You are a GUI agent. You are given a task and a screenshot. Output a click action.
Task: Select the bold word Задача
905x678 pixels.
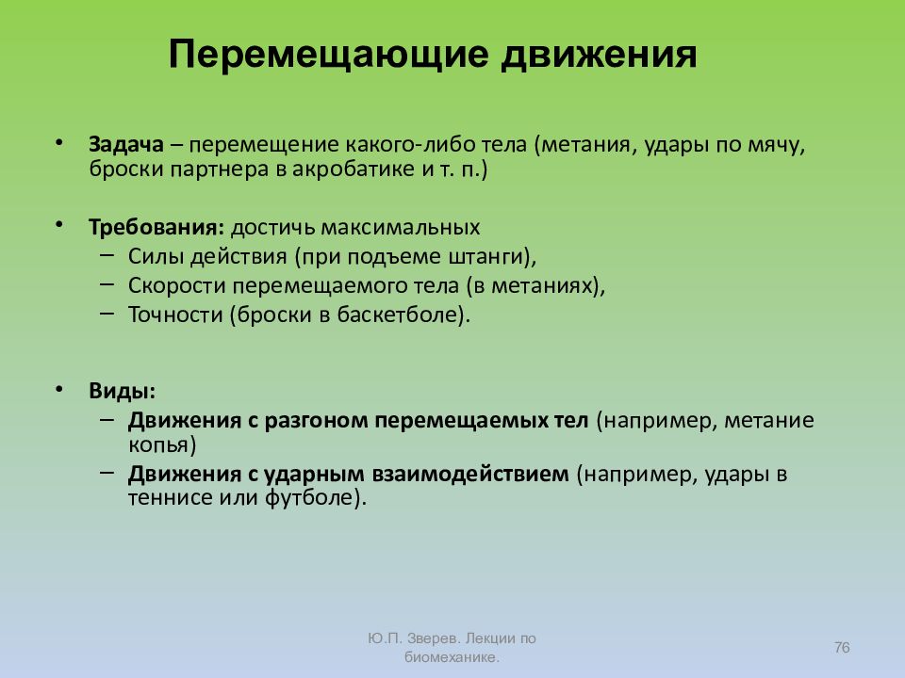click(x=127, y=147)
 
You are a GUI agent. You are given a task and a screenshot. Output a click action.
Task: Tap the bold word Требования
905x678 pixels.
click(x=155, y=229)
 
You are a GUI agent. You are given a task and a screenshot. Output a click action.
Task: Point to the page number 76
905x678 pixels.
click(x=842, y=646)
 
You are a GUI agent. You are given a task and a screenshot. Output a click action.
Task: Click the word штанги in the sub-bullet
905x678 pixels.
click(x=496, y=257)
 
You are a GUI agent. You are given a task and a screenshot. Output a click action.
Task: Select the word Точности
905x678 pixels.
click(x=174, y=315)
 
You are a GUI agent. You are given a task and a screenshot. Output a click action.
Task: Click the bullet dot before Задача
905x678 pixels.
click(x=59, y=141)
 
